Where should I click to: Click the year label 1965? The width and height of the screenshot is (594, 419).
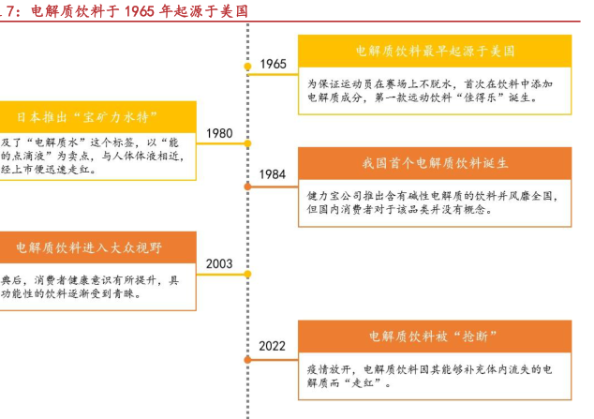pos(273,64)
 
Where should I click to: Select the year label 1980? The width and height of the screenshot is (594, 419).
pos(219,133)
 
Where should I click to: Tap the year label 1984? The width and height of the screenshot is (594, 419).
pos(273,174)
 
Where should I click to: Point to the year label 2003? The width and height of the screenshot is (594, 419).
pos(219,264)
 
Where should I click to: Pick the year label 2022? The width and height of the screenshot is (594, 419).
pos(273,346)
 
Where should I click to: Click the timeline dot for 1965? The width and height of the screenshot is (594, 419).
pos(247,67)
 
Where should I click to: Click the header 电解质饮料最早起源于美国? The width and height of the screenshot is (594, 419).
pos(435,52)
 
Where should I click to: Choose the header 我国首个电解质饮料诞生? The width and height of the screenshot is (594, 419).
pos(435,163)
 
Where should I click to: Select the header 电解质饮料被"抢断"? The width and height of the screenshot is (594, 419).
pos(435,337)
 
